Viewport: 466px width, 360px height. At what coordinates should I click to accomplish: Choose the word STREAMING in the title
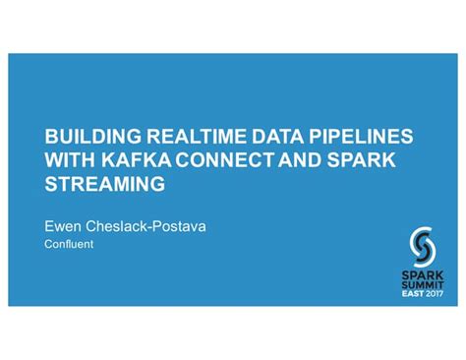coord(105,183)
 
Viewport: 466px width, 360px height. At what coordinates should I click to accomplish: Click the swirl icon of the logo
coord(423,242)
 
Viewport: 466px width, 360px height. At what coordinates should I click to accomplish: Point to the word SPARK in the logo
coord(423,270)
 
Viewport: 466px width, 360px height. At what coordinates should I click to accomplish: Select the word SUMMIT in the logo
coord(423,281)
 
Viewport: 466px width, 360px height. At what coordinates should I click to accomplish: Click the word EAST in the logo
coord(412,293)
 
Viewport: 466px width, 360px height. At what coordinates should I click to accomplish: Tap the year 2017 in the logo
coord(435,293)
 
